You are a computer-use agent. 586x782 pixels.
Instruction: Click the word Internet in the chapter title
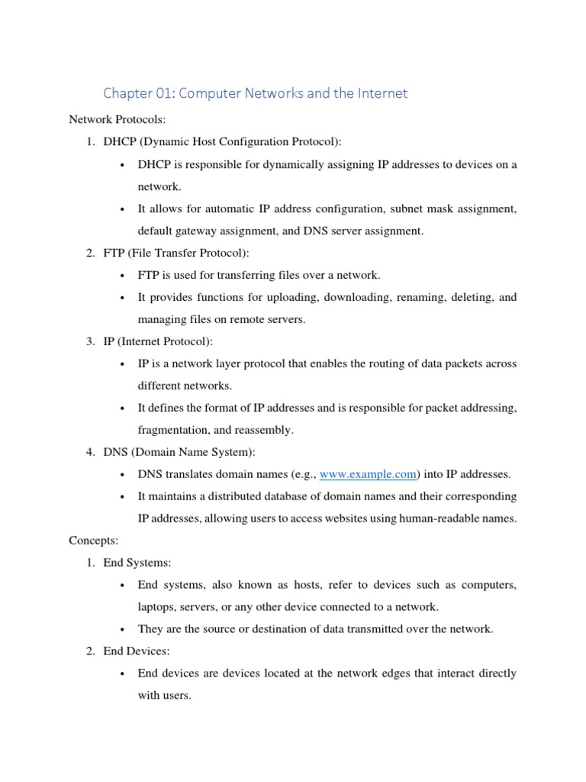pos(382,93)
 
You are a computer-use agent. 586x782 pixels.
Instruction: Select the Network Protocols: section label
pos(111,120)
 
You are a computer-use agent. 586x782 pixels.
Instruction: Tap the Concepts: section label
pos(94,540)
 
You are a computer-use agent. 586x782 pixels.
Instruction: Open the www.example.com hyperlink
pos(368,474)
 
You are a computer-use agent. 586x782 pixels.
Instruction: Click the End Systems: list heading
pos(137,563)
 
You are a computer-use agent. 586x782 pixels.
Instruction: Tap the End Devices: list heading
pos(138,651)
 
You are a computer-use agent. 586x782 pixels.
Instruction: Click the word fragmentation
pos(173,430)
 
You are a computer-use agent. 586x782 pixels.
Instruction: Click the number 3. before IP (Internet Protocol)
pos(89,341)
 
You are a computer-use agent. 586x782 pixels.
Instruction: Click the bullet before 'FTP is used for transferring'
pos(123,276)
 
